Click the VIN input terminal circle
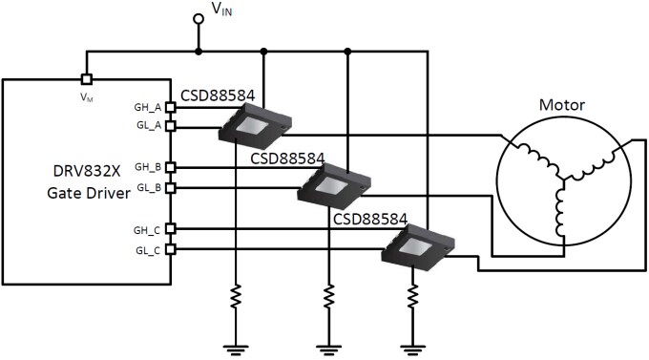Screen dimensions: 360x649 pyautogui.click(x=199, y=18)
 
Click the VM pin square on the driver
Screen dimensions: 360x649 pyautogui.click(x=85, y=79)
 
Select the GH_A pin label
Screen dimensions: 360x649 pyautogui.click(x=150, y=108)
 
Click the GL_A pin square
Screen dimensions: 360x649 pyautogui.click(x=171, y=126)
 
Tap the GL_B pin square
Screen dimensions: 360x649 pyautogui.click(x=171, y=187)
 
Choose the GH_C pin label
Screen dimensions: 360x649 pyautogui.click(x=150, y=229)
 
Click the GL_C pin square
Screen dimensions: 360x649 pyautogui.click(x=171, y=249)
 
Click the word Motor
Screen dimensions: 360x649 pyautogui.click(x=563, y=105)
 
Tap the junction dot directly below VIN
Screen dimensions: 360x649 pyautogui.click(x=199, y=50)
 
